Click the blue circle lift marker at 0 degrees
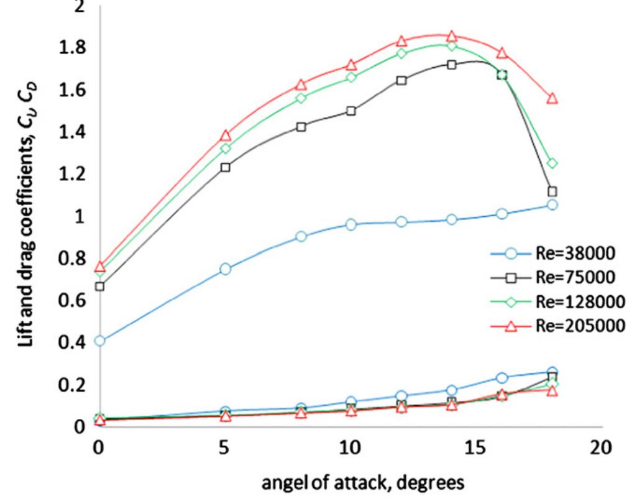tap(99, 341)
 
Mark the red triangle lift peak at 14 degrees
tap(452, 36)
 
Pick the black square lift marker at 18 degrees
tap(552, 191)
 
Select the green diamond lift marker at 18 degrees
tap(552, 163)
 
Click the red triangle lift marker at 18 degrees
tap(552, 98)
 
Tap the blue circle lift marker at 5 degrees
tap(225, 268)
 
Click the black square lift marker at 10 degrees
tap(351, 111)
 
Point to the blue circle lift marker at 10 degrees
tap(351, 224)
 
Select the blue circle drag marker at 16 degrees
tap(502, 377)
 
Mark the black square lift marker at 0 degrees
tap(99, 286)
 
